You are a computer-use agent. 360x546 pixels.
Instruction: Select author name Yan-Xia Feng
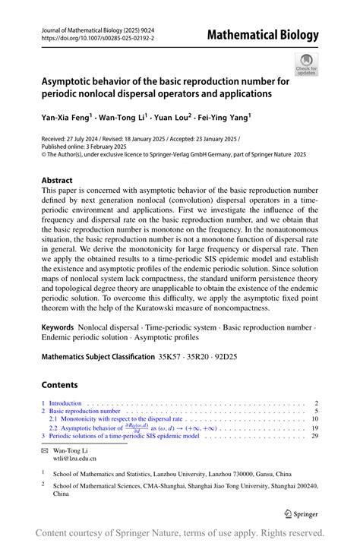(65, 118)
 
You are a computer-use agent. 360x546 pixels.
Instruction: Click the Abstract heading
(62, 181)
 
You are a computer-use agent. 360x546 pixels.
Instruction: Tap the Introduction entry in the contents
(65, 403)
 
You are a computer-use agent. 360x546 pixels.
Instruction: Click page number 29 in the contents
(314, 437)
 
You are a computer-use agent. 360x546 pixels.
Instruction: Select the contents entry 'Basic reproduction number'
(84, 411)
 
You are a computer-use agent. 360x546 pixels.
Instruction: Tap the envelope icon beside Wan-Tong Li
(44, 450)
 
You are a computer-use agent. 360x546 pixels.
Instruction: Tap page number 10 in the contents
(314, 418)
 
